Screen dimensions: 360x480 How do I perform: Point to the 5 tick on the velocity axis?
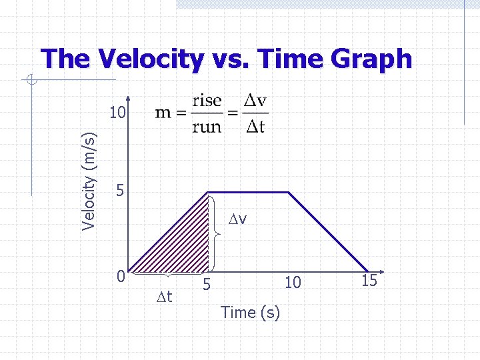click(119, 191)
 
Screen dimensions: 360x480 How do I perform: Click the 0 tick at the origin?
click(119, 275)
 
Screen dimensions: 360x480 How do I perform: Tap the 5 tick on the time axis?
click(208, 285)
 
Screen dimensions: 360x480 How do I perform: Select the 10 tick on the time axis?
click(293, 283)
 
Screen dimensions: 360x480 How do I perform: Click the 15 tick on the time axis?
click(369, 281)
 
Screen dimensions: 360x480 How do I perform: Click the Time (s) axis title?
click(250, 312)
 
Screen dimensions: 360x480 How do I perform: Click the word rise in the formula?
click(207, 101)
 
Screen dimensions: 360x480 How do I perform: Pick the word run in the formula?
click(207, 127)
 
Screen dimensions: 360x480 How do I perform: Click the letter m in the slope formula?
click(163, 114)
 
